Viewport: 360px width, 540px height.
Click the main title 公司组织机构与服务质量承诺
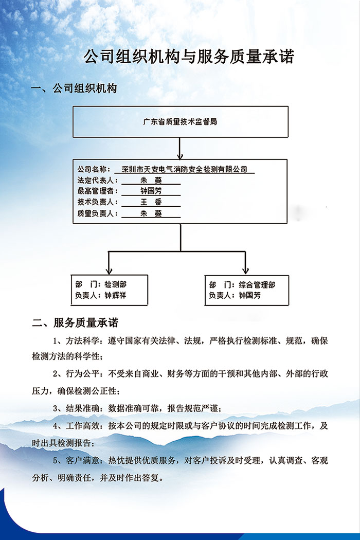[x=189, y=57]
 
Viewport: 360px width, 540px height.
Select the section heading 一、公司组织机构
[x=75, y=88]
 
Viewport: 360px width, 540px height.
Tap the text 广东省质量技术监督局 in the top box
[x=180, y=122]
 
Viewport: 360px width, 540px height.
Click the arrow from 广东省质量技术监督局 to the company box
[x=180, y=149]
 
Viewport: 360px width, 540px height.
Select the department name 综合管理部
[x=257, y=284]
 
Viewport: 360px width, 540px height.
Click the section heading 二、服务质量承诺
[x=75, y=323]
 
